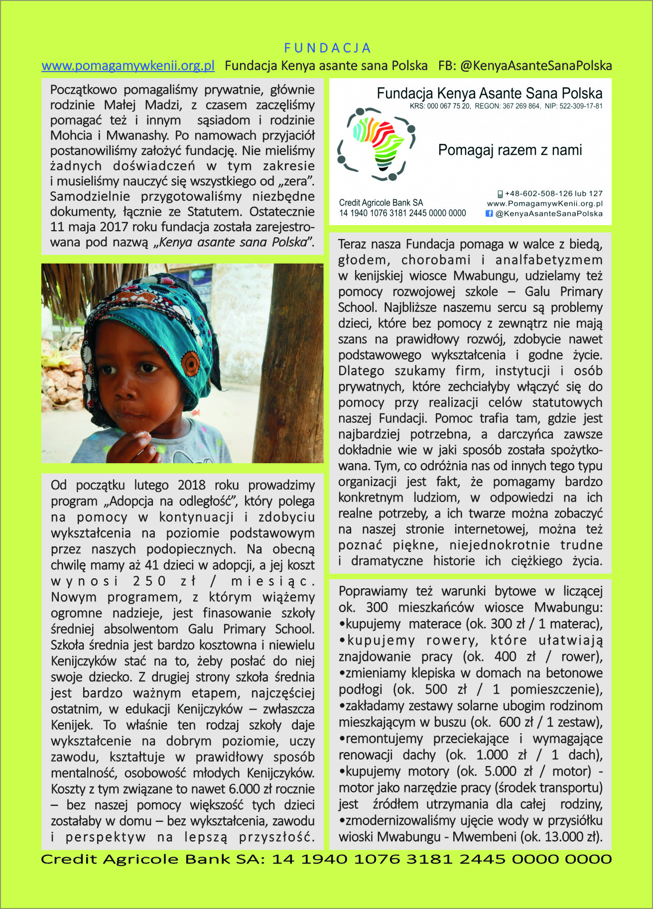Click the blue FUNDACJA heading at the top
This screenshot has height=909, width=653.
[327, 48]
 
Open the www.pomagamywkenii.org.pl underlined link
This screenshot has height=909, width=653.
[128, 66]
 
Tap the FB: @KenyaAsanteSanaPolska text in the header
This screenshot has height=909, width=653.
[525, 66]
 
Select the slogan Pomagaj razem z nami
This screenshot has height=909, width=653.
[510, 150]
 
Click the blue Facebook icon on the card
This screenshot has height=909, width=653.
[489, 214]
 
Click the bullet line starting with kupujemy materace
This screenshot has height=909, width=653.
[470, 624]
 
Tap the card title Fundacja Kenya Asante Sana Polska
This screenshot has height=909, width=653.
[489, 93]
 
